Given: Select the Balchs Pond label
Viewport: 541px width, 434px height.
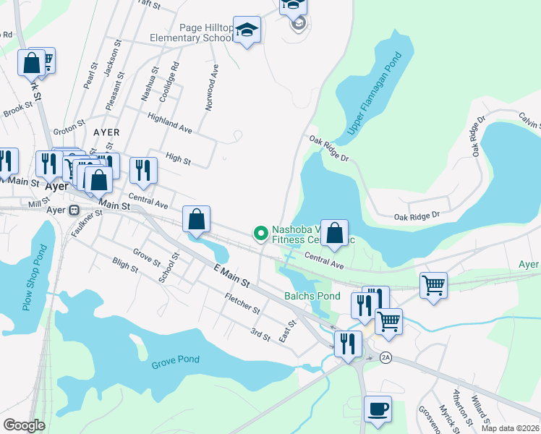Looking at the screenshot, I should [x=312, y=296].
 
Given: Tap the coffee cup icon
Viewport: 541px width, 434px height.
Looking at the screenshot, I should [x=378, y=409].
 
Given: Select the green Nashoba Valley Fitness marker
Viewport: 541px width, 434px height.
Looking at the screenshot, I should [x=260, y=233].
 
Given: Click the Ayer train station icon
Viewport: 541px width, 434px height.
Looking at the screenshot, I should [x=73, y=210].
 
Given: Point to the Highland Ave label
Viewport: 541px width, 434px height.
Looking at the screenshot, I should [x=169, y=123].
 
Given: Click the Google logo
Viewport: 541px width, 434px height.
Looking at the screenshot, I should [x=24, y=425].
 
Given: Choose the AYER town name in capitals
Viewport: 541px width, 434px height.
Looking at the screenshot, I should [x=106, y=133].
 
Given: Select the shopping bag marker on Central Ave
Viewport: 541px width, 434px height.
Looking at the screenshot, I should [x=334, y=234].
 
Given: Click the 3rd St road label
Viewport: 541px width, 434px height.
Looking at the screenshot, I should [x=260, y=334].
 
